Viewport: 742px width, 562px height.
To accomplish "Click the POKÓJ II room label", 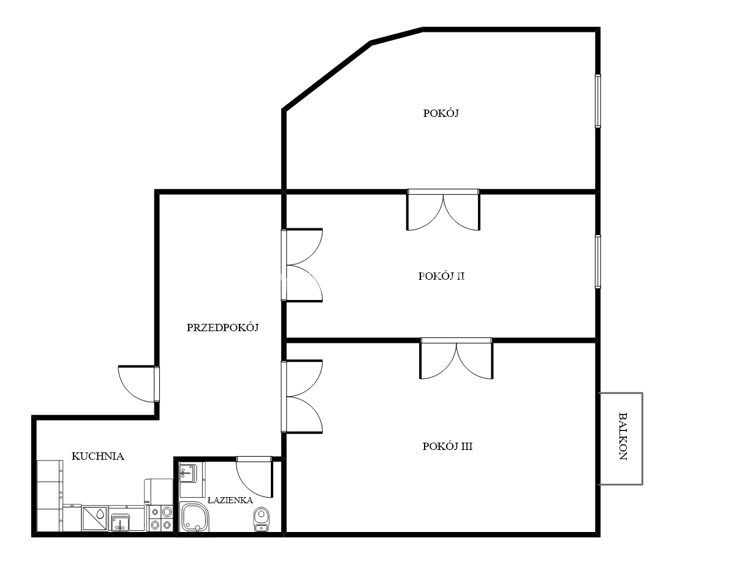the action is pyautogui.click(x=441, y=276).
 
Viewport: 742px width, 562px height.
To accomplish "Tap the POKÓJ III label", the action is pyautogui.click(x=447, y=446).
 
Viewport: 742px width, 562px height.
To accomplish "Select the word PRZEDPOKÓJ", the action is pyautogui.click(x=222, y=328).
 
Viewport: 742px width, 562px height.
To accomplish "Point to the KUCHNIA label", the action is pyautogui.click(x=97, y=456).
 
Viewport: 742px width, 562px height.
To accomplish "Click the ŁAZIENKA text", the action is pyautogui.click(x=230, y=500).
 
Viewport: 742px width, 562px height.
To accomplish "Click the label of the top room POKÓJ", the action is pyautogui.click(x=441, y=113).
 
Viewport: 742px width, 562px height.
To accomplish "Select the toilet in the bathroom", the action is pyautogui.click(x=261, y=519).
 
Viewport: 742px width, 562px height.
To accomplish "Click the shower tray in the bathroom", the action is pyautogui.click(x=194, y=517).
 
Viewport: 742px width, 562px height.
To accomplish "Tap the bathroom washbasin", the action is pyautogui.click(x=187, y=474).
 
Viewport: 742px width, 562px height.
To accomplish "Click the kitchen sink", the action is pyautogui.click(x=120, y=522).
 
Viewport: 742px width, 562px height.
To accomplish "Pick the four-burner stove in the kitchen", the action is pyautogui.click(x=161, y=518).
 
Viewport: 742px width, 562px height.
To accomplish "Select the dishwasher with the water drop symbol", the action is pyautogui.click(x=94, y=518).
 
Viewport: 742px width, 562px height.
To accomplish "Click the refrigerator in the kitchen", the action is pyautogui.click(x=158, y=492).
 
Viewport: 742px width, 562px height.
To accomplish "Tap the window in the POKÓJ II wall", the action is pyautogui.click(x=597, y=261).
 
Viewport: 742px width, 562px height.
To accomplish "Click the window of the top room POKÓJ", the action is pyautogui.click(x=597, y=101).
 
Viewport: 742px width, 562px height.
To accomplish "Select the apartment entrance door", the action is pyautogui.click(x=138, y=384).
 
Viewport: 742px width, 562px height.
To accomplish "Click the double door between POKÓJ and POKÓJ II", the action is pyautogui.click(x=443, y=210).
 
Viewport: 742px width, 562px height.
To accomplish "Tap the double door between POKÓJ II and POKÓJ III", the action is pyautogui.click(x=456, y=358).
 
